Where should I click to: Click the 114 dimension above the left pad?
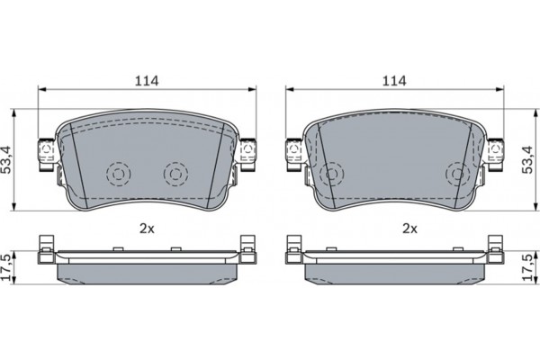coord(147,81)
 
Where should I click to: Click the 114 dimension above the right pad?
coord(393,81)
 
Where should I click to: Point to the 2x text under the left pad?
coord(147,229)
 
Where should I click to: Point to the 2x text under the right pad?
coord(410,229)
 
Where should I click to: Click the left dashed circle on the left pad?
coord(117,171)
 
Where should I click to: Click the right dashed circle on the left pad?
coord(175,171)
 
